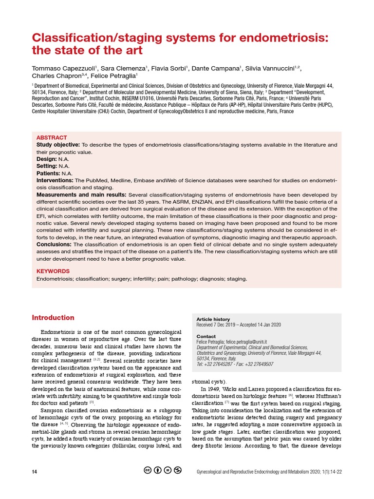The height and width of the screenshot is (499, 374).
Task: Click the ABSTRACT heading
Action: pos(52,138)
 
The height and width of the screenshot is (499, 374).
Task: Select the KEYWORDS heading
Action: pos(53,271)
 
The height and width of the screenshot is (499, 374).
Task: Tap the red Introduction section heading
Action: pos(53,318)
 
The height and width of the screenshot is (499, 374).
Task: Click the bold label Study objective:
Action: pos(58,145)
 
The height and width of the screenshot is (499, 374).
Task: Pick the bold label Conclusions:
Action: pos(54,244)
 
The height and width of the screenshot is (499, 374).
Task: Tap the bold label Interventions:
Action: pos(56,180)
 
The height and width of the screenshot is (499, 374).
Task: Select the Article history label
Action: pos(213,319)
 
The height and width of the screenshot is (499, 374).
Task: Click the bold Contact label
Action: pos(206,337)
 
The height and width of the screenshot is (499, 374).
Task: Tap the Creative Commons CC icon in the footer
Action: pos(148,471)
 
